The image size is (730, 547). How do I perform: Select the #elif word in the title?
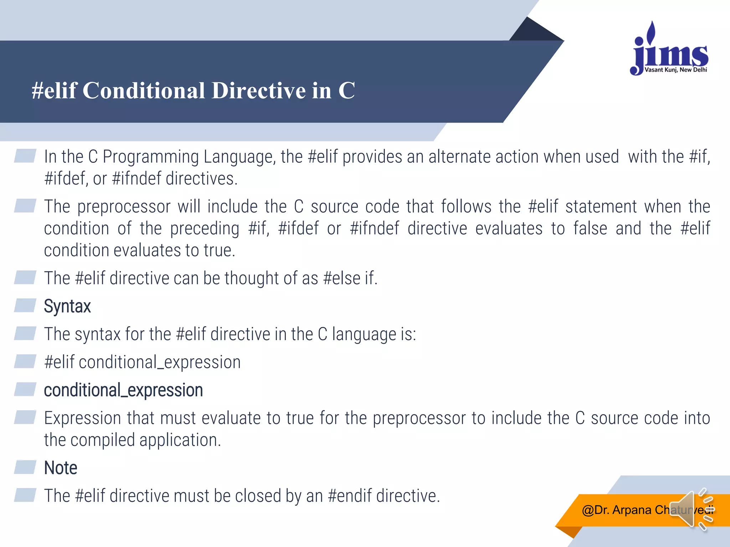coord(54,90)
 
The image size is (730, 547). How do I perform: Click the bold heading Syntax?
coord(67,306)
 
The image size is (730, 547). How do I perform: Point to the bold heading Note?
coord(61,468)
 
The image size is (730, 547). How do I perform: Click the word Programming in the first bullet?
coord(150,157)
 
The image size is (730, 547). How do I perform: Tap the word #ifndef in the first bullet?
coord(136,179)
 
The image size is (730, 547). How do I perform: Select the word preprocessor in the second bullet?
coord(124,207)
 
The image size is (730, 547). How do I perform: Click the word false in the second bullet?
coord(590,229)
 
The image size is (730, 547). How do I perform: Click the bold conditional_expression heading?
coord(123,390)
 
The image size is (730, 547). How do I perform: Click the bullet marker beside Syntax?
coord(25,306)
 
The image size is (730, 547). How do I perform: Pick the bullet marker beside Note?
coord(25,467)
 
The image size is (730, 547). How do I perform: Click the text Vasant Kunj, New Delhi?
coord(675,70)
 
